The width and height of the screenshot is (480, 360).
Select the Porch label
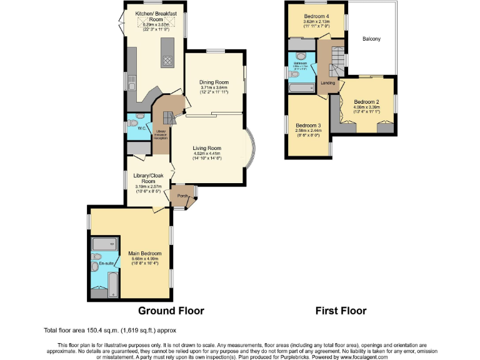pos(182,196)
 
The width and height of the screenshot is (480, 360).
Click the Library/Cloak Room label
pos(147,179)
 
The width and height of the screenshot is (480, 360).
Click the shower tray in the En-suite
pos(105,244)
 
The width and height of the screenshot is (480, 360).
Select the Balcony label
pos(371,39)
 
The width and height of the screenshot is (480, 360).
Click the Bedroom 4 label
pos(316,16)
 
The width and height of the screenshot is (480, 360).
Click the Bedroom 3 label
pos(308,125)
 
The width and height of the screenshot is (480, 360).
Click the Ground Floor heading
pos(171,311)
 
